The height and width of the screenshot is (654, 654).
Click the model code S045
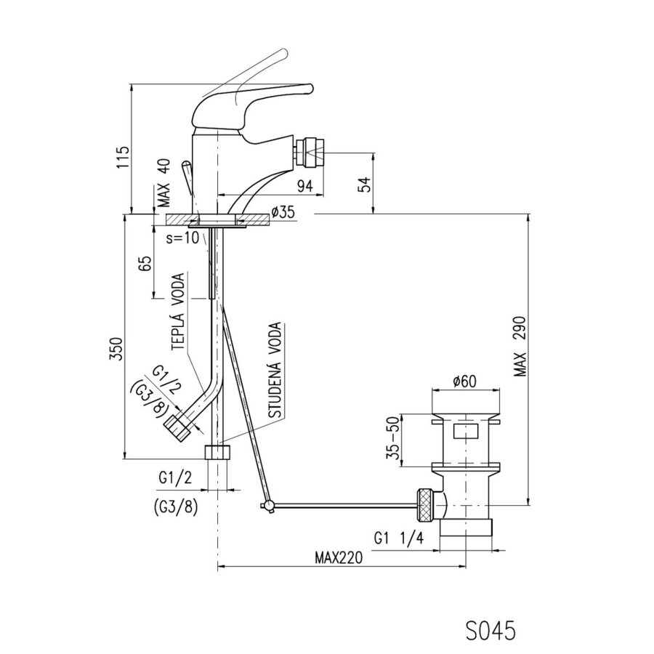click(490, 630)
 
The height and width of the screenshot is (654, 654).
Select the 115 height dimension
click(124, 157)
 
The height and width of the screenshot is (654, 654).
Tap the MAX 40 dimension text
click(164, 183)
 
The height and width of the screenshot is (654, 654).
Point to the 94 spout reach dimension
click(305, 186)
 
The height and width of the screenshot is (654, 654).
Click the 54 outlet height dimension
click(364, 184)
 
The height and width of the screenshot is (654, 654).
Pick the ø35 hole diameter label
click(283, 212)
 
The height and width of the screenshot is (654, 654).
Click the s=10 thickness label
click(182, 238)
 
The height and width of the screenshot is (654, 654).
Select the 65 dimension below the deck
click(146, 264)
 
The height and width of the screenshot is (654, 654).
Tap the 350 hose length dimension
click(116, 349)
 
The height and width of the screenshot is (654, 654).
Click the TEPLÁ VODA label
click(178, 312)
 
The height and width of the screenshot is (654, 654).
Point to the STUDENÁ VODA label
click(275, 371)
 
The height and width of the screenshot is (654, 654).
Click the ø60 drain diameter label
click(464, 381)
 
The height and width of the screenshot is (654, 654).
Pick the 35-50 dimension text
click(393, 440)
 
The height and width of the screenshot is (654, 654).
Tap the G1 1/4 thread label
click(399, 538)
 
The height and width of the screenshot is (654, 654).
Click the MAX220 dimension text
click(339, 557)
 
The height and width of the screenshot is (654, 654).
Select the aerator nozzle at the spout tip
click(309, 152)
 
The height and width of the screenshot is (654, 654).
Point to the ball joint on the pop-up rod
click(269, 506)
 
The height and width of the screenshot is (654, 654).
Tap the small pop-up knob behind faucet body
click(187, 178)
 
